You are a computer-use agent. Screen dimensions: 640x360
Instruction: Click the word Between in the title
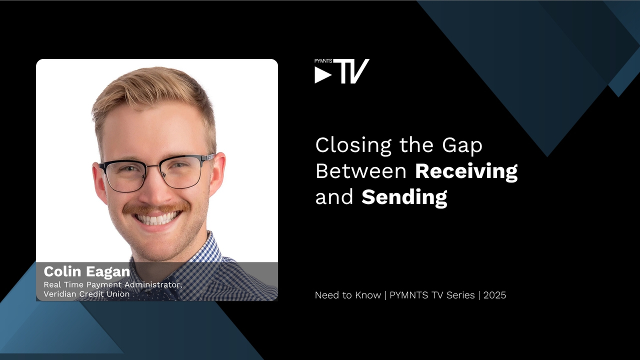coord(361,171)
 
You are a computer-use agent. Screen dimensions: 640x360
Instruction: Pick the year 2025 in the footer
coord(494,295)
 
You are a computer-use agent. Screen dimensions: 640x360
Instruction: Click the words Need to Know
coord(347,295)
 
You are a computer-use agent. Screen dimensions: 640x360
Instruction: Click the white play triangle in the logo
coord(323,75)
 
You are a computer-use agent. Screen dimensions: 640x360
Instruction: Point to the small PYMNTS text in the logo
coord(323,61)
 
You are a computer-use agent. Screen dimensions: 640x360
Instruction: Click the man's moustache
coord(156,208)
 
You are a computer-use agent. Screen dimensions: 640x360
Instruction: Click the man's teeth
coord(157,218)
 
